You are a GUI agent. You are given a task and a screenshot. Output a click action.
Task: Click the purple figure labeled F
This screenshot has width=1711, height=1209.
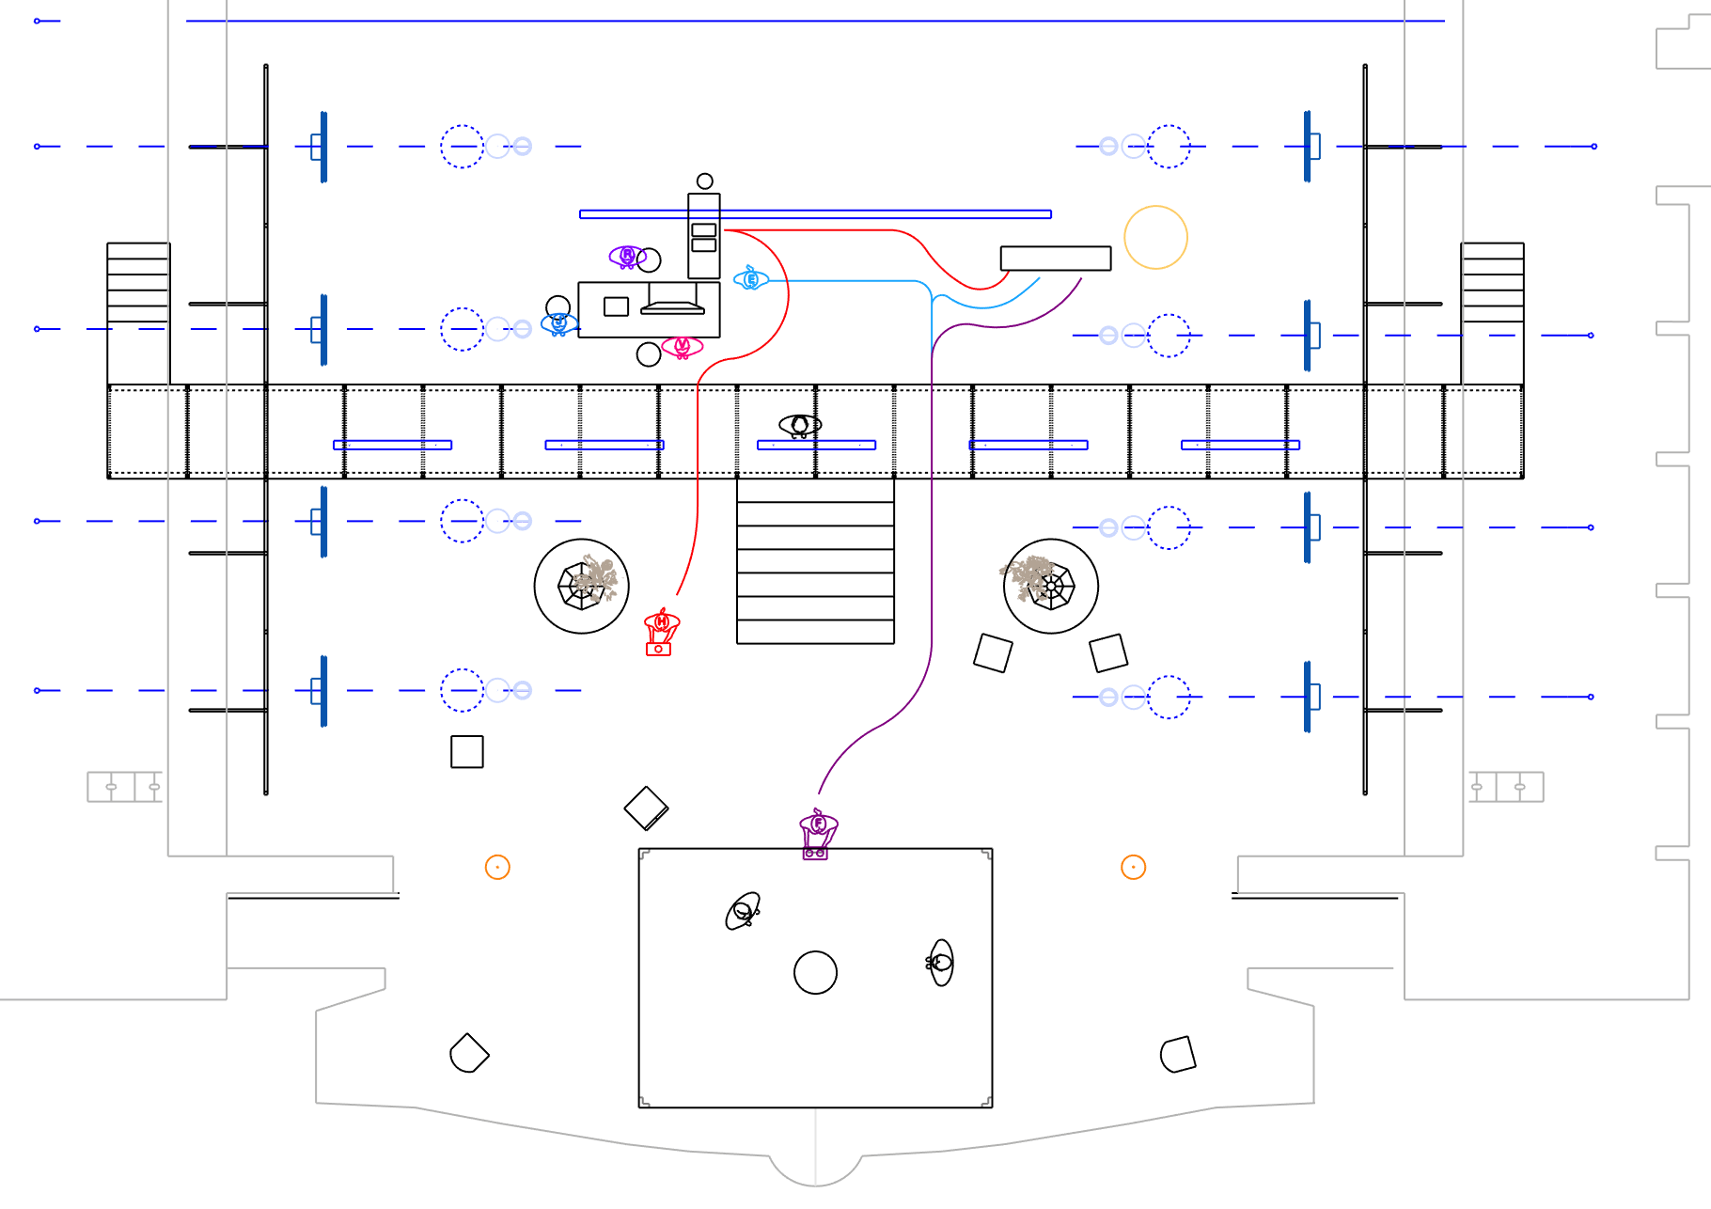coord(817,831)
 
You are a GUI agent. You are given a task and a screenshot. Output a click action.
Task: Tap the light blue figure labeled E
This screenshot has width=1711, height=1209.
coord(750,278)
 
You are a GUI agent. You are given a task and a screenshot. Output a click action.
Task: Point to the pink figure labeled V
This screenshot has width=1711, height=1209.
coord(682,347)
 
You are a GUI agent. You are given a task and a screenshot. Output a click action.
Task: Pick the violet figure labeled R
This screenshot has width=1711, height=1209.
coord(626,256)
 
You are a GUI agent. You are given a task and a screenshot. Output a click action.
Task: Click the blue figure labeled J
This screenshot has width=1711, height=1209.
coord(558,323)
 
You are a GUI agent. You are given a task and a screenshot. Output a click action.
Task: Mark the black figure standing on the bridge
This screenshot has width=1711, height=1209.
coord(800,426)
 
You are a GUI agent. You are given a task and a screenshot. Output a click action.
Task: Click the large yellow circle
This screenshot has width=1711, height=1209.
coord(1155,238)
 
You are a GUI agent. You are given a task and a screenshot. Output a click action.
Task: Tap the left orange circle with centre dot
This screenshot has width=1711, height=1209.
coord(497,867)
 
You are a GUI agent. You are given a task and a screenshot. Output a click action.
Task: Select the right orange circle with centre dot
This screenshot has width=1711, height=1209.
coord(1133,867)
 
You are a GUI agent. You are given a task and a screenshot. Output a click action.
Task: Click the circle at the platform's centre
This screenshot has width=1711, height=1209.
coord(815,972)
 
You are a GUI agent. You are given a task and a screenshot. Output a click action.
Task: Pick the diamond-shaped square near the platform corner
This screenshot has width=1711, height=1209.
coord(646,808)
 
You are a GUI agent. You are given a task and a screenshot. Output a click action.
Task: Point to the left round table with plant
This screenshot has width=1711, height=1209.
coord(581,586)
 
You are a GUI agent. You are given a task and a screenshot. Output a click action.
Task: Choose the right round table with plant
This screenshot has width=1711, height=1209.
coord(1050,586)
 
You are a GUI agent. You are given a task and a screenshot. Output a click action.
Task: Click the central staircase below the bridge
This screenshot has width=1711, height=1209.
coord(815,561)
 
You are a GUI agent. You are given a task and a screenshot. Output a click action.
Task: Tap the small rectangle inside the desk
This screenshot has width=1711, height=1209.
coord(616,306)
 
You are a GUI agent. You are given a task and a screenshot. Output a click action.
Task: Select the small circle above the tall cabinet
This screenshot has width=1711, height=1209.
coord(704,181)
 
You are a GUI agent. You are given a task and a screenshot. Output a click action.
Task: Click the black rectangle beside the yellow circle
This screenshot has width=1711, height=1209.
coord(1055,259)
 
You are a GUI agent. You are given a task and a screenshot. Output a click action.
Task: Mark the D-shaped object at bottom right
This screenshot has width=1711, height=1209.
coord(1178,1054)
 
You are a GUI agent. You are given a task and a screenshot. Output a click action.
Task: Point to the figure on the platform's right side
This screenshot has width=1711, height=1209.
coord(940,962)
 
